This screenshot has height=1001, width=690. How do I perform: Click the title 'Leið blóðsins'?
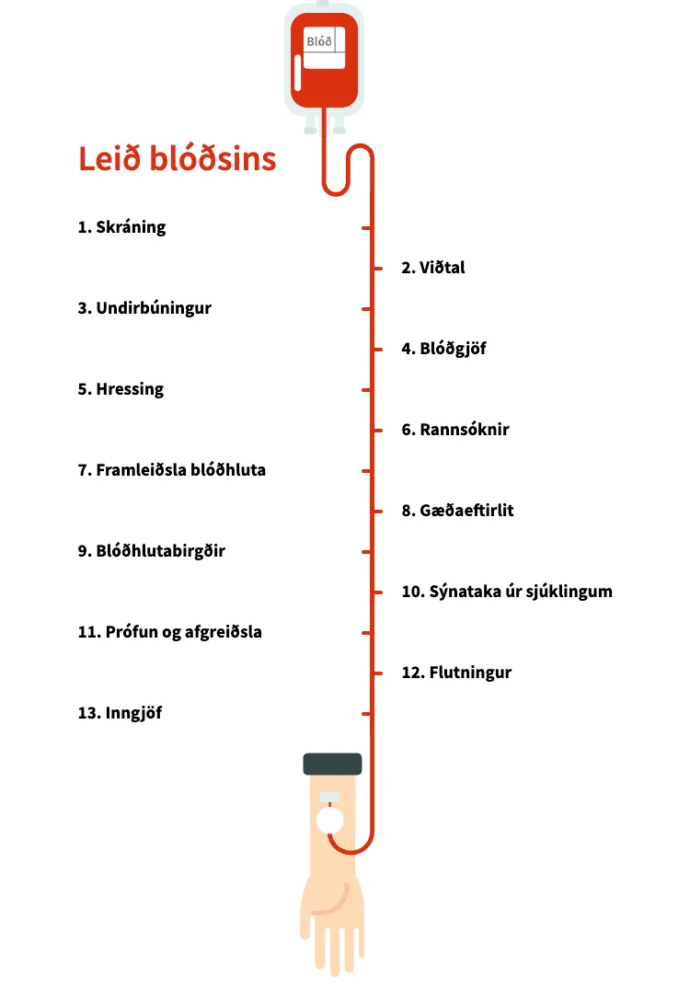(177, 158)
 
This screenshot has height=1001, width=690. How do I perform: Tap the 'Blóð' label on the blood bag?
(319, 40)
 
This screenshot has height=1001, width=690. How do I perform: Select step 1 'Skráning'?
(121, 227)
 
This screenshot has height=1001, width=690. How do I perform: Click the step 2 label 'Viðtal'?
(433, 268)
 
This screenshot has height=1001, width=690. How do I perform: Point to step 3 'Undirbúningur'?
(144, 308)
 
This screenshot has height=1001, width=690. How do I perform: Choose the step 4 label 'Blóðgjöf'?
(443, 349)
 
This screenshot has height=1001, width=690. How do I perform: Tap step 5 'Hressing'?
(121, 389)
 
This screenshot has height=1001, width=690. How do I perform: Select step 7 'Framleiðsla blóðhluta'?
(171, 470)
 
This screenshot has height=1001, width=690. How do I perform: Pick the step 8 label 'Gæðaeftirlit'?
(457, 511)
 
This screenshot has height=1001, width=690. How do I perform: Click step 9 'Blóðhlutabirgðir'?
(151, 551)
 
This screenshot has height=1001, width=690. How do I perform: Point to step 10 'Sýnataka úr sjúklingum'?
(506, 592)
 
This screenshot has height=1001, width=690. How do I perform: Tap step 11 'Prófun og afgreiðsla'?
(169, 632)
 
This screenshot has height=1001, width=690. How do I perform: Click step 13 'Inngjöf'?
(120, 713)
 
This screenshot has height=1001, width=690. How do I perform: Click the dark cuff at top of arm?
(332, 764)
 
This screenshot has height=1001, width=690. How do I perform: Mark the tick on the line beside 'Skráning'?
(366, 227)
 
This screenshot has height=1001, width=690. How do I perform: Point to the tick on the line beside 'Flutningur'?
(376, 673)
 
